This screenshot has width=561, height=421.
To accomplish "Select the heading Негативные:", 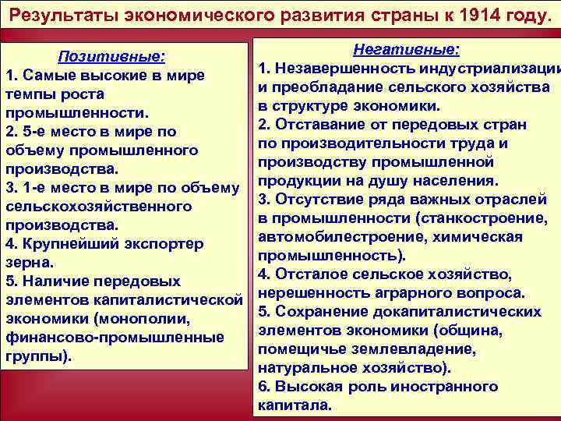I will click(x=406, y=50).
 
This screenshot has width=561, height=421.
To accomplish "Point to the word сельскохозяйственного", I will click(x=99, y=206).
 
